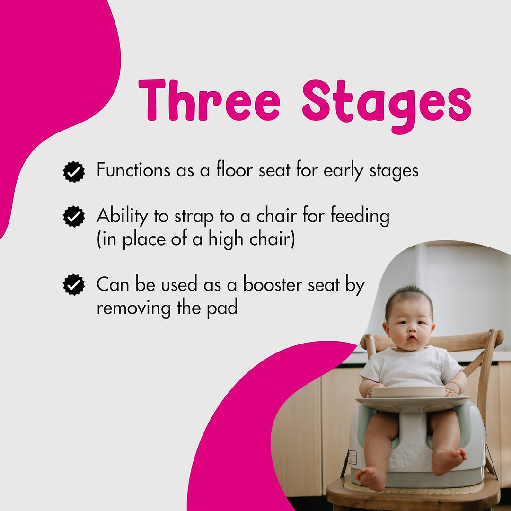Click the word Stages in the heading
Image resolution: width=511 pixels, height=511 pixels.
tap(387, 103)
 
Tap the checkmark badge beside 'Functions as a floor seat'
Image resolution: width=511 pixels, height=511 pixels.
tap(74, 172)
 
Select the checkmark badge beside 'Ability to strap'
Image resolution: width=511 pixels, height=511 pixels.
tap(74, 217)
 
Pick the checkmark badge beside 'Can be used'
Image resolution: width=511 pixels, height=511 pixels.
tap(74, 285)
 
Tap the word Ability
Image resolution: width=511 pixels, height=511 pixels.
tap(122, 217)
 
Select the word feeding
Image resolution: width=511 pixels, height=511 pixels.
tap(360, 217)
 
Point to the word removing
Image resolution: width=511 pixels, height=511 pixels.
tap(134, 308)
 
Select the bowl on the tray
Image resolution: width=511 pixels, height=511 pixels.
tap(408, 391)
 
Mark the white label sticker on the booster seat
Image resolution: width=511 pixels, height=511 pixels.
tap(352, 457)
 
